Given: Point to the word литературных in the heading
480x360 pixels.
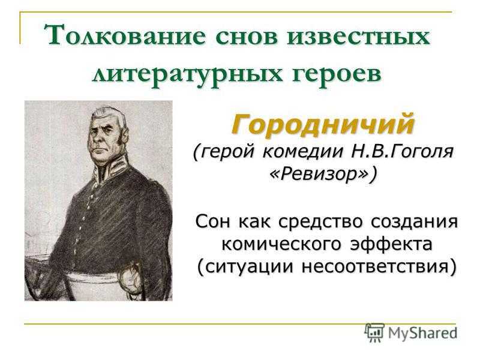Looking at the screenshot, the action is (x=187, y=74).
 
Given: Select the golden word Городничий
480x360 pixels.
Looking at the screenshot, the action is (x=323, y=124).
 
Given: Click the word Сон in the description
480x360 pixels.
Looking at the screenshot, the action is (x=213, y=221).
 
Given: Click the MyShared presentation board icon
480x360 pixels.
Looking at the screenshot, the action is (x=374, y=332).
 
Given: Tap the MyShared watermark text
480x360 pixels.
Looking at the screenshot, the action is (x=422, y=333).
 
